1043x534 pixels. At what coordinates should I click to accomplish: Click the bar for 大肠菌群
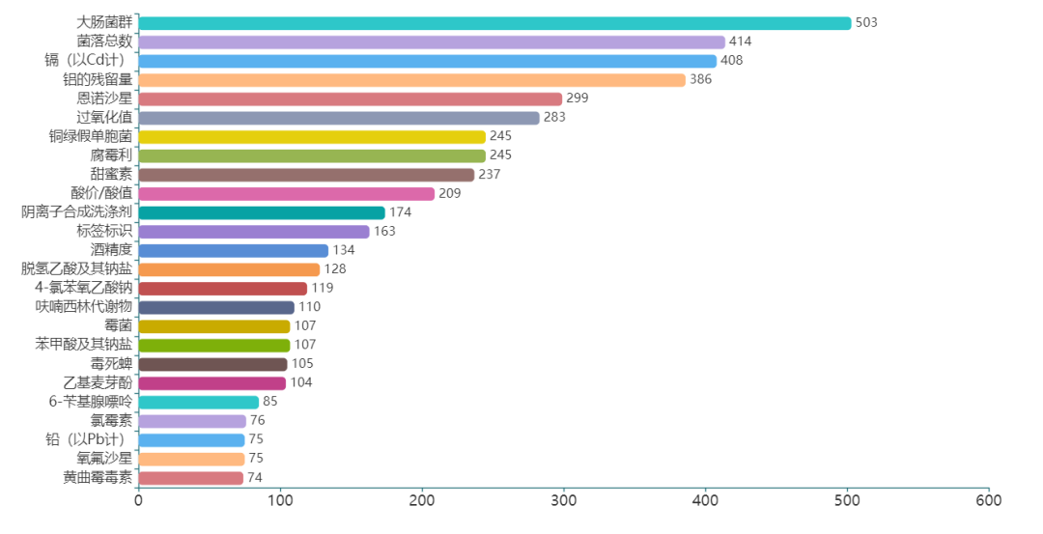(x=494, y=23)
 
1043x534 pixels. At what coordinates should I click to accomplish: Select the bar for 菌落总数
(x=432, y=42)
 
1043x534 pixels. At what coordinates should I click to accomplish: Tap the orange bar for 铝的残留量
(x=411, y=79)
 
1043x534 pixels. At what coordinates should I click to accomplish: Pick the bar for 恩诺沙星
(x=350, y=98)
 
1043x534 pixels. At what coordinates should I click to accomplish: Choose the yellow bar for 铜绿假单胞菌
(x=312, y=136)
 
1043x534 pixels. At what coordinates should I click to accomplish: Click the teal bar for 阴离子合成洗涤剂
(x=262, y=212)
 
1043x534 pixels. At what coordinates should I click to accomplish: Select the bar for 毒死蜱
(x=212, y=364)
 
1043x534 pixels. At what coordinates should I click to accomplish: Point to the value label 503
(x=866, y=22)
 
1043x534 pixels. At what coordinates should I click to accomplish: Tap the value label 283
(x=554, y=118)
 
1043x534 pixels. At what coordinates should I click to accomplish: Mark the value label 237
(x=490, y=175)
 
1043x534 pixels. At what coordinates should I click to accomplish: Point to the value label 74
(x=255, y=477)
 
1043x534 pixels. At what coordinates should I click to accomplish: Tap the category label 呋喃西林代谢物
(x=84, y=307)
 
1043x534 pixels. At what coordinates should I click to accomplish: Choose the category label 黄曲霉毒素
(x=98, y=477)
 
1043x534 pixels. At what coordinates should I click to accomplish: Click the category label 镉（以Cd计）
(x=88, y=61)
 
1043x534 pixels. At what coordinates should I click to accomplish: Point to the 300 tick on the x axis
(x=564, y=501)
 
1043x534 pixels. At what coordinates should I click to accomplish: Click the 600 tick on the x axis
(x=988, y=501)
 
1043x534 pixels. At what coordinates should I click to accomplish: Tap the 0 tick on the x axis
(x=138, y=501)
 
